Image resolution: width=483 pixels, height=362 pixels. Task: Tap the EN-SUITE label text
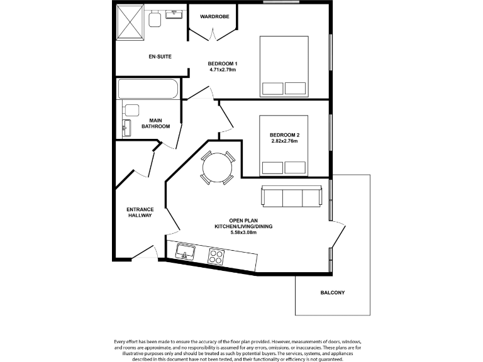[160, 57]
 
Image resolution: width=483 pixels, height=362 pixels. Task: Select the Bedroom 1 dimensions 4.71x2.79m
[223, 70]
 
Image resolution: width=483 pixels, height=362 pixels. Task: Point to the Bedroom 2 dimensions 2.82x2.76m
[283, 141]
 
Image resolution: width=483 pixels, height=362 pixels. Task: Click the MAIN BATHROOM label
[155, 123]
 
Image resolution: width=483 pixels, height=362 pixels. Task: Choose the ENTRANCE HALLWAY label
[140, 212]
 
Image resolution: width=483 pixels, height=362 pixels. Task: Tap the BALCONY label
[332, 293]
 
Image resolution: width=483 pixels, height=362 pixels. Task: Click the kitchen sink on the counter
[186, 253]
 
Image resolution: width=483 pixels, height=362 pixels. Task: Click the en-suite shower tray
[131, 25]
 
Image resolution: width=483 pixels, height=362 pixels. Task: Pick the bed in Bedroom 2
[284, 145]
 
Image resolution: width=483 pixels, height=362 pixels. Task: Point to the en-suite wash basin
[173, 14]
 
